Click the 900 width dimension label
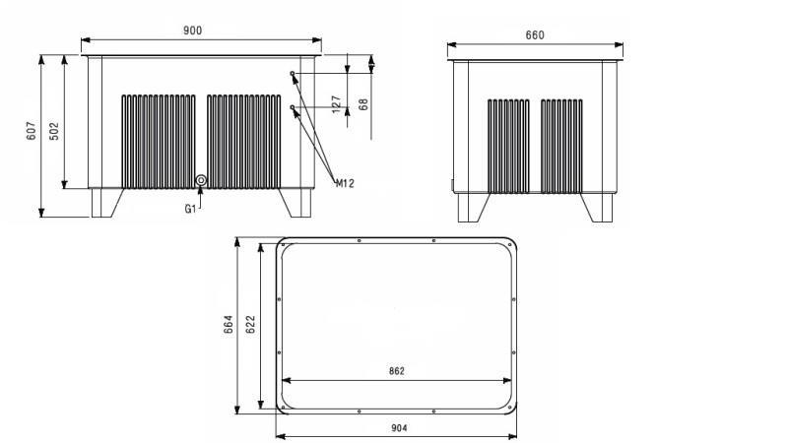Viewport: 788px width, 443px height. pos(193,31)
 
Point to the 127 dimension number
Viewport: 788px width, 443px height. pos(336,103)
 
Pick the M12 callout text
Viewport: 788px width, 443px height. pos(345,183)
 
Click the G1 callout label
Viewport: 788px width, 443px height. pos(190,208)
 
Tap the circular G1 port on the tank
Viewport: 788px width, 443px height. pos(201,180)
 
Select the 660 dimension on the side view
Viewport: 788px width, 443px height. pos(535,35)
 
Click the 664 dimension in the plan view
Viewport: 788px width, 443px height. pos(228,324)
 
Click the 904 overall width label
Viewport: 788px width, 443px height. pos(397,427)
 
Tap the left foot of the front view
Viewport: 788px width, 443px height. pos(104,202)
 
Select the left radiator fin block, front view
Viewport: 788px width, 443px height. pos(159,140)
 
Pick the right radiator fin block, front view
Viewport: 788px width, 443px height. pos(244,140)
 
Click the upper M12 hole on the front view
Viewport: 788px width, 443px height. pos(293,74)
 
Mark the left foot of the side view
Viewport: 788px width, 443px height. pos(471,207)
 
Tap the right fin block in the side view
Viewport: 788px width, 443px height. pos(561,145)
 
